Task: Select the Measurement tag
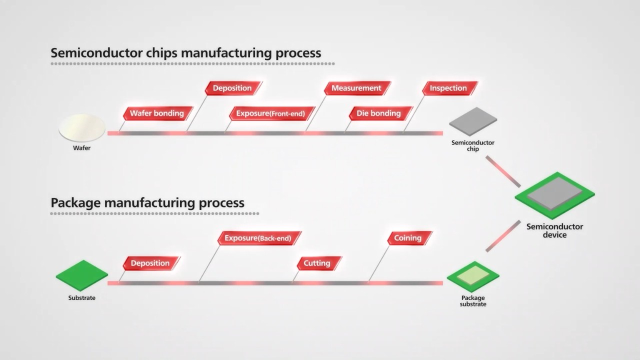tap(356, 88)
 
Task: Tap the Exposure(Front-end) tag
tap(270, 113)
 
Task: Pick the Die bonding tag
tap(378, 113)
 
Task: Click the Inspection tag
tap(448, 88)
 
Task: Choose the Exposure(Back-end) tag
tap(257, 238)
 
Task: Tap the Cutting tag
tap(317, 263)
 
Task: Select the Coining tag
tap(407, 238)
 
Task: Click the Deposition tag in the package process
tap(150, 263)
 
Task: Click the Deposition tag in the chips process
tap(232, 88)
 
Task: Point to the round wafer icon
tap(82, 127)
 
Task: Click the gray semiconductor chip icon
tap(473, 121)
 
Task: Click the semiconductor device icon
tap(554, 195)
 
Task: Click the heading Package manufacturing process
tap(147, 202)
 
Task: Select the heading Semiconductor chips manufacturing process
tap(185, 52)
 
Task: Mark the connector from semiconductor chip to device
tap(502, 171)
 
